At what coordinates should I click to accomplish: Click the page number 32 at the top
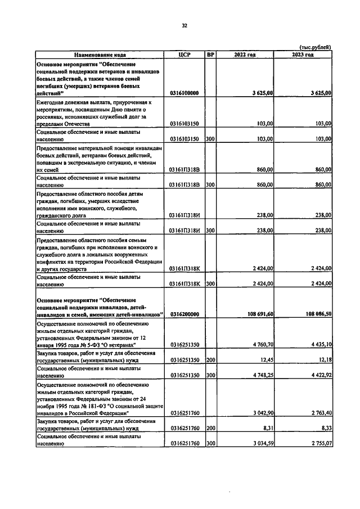pyautogui.click(x=184, y=25)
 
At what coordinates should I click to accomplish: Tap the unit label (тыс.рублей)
pyautogui.click(x=313, y=47)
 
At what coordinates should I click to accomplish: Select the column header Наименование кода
pyautogui.click(x=99, y=55)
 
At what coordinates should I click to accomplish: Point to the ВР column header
pyautogui.click(x=210, y=55)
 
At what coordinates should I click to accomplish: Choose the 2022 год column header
pyautogui.click(x=245, y=55)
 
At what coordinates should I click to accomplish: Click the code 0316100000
pyautogui.click(x=184, y=93)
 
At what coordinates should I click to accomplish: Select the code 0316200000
pyautogui.click(x=184, y=314)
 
